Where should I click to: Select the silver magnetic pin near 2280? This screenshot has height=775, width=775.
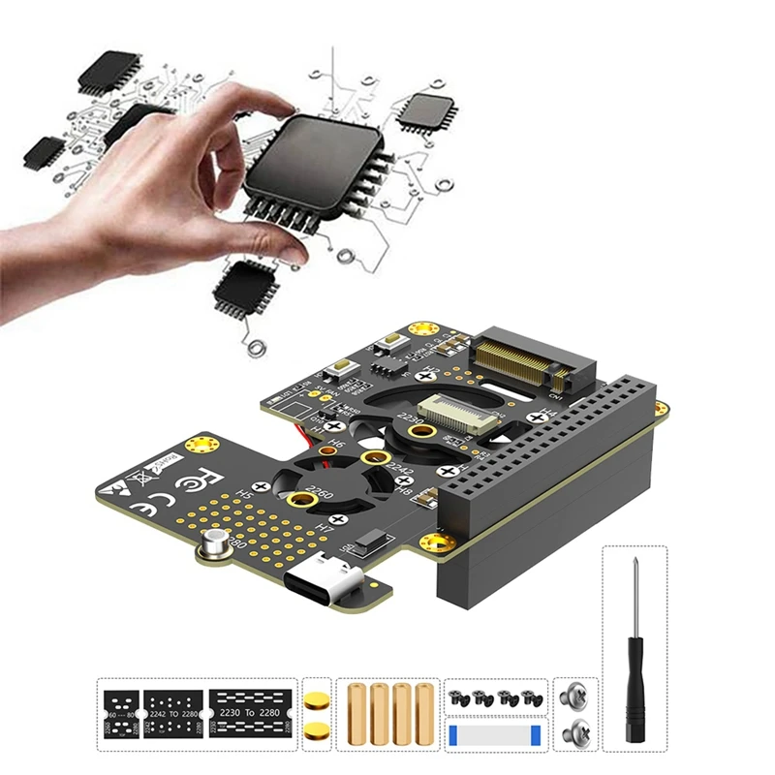[x=215, y=547]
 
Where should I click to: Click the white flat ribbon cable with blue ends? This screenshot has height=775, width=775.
[x=494, y=728]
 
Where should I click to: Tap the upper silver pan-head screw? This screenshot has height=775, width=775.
[x=573, y=695]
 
